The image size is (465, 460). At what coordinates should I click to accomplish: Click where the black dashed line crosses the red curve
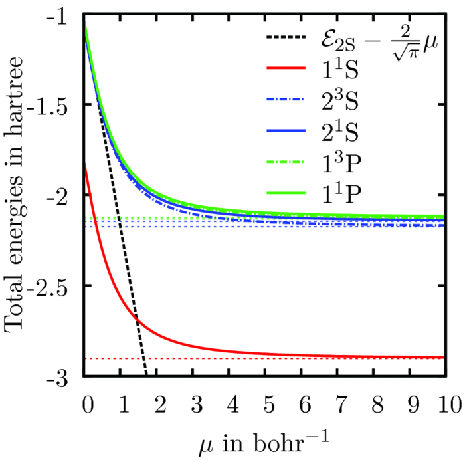(x=137, y=321)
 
